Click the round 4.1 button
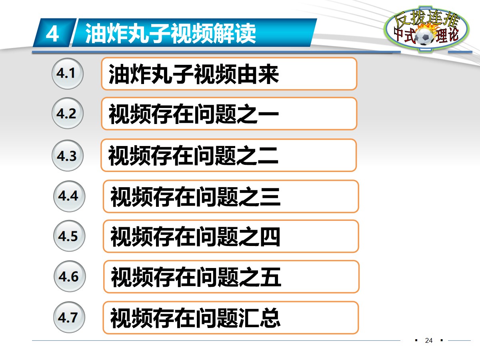pos(67,74)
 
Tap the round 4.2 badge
pos(67,114)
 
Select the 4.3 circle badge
pos(67,156)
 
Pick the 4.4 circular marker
pos(69,196)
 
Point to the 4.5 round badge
pos(69,236)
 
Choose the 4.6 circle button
pos(69,277)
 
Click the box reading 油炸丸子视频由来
pos(229,74)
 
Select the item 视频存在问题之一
pos(229,114)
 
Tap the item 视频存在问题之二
pos(228,156)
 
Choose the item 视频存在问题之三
pos(231,196)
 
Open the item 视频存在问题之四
pos(231,236)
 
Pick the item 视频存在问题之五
pos(231,277)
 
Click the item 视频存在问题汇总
pos(231,318)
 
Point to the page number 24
pos(429,341)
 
